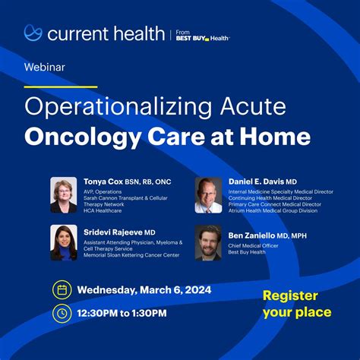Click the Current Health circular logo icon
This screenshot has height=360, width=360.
33,33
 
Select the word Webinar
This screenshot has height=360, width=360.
45,67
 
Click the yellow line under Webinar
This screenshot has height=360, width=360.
61,87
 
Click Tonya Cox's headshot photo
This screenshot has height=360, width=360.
64,195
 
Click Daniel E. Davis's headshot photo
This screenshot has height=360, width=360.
208,195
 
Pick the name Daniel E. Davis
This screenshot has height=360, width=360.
256,182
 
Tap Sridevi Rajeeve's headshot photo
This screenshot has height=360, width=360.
64,242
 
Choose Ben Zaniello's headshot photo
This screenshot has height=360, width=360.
208,242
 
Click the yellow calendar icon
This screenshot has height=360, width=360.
62,289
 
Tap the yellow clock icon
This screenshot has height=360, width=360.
62,313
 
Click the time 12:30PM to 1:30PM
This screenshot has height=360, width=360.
125,313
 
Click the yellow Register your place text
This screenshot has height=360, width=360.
297,303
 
